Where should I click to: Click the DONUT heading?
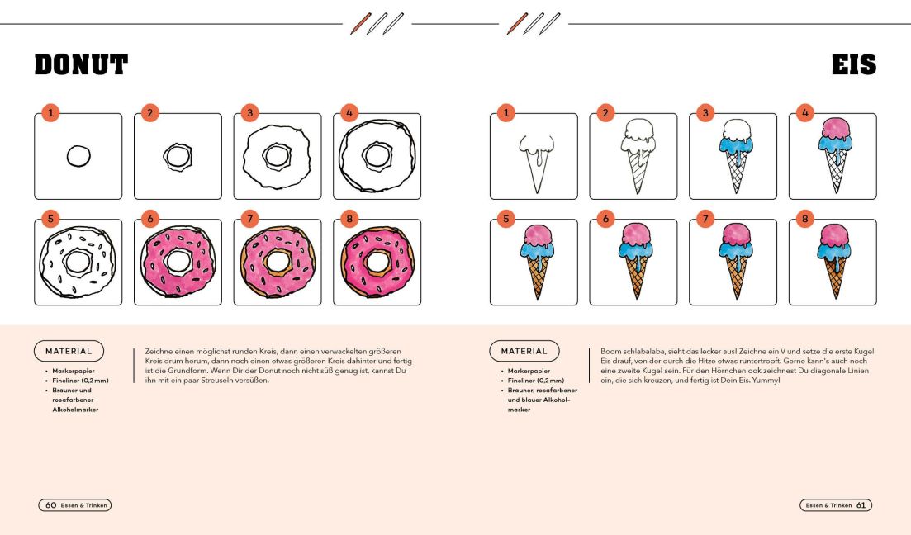tap(81, 64)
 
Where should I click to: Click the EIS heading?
tap(853, 64)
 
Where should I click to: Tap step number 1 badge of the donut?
tap(50, 112)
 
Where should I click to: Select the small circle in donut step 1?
tap(78, 156)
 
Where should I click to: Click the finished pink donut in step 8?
tap(377, 262)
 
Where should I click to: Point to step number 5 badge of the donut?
tap(50, 219)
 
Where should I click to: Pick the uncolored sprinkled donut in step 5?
tap(78, 262)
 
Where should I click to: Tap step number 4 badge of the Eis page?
tap(804, 112)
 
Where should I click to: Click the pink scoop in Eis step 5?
tap(538, 235)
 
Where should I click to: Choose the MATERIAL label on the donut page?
tap(69, 351)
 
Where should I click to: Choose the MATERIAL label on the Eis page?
tap(524, 351)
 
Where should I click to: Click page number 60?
tap(50, 505)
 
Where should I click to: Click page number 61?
tap(861, 505)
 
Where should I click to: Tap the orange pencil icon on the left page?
tap(360, 24)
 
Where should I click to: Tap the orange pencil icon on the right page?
tap(517, 24)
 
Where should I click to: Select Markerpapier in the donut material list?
tap(74, 371)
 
